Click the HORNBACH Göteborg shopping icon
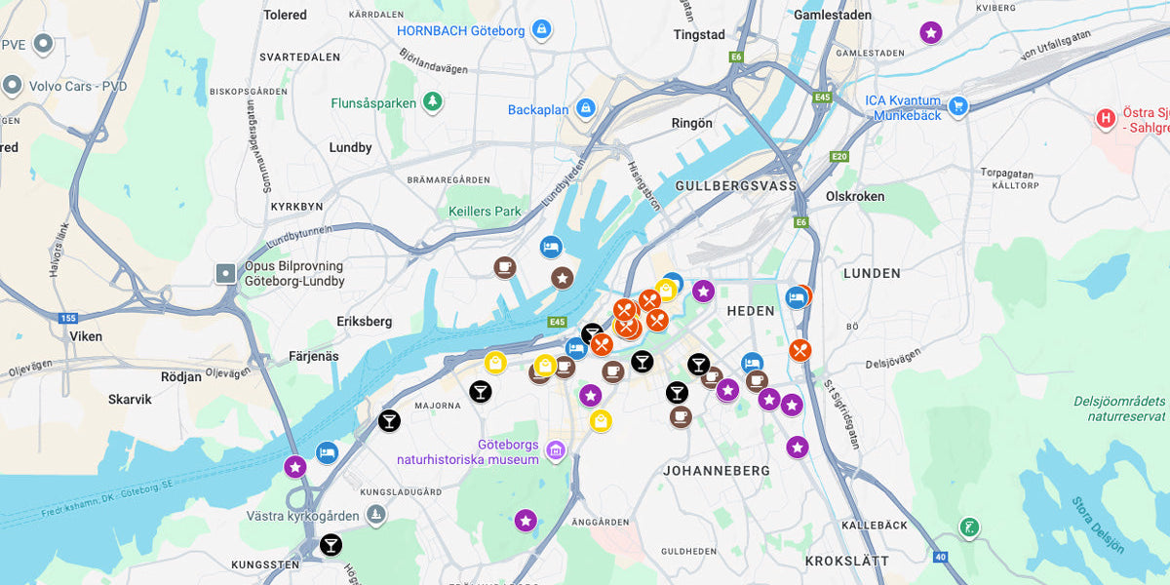coord(541,30)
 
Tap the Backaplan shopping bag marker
coord(585,108)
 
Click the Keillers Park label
coord(485,212)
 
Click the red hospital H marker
coord(1106,119)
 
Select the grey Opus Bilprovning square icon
coord(226,273)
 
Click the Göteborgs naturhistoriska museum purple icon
coord(556,449)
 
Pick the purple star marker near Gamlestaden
coord(931,33)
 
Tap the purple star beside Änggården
coord(526,521)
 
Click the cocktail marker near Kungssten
coord(331,544)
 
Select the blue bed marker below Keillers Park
coord(552,247)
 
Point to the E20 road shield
coord(838,156)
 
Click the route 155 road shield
coord(67,318)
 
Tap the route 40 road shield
coord(940,557)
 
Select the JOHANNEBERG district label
coord(717,471)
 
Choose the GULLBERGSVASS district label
coord(735,185)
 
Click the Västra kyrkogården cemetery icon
coord(375,515)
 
